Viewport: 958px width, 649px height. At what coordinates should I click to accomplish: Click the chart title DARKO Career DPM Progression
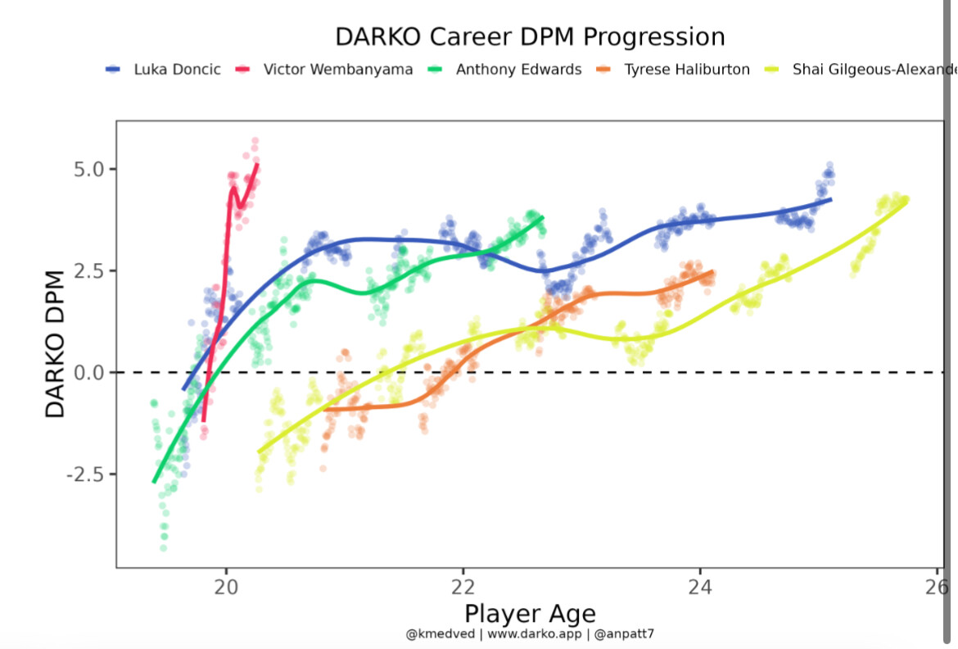pyautogui.click(x=530, y=37)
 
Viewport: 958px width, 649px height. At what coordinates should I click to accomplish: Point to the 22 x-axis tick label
pyautogui.click(x=463, y=588)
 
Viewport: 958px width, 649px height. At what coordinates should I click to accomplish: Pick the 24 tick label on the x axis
pyautogui.click(x=699, y=588)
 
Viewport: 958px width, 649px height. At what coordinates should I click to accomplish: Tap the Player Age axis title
pyautogui.click(x=530, y=614)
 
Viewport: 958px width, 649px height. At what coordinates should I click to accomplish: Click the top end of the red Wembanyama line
pyautogui.click(x=257, y=165)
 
